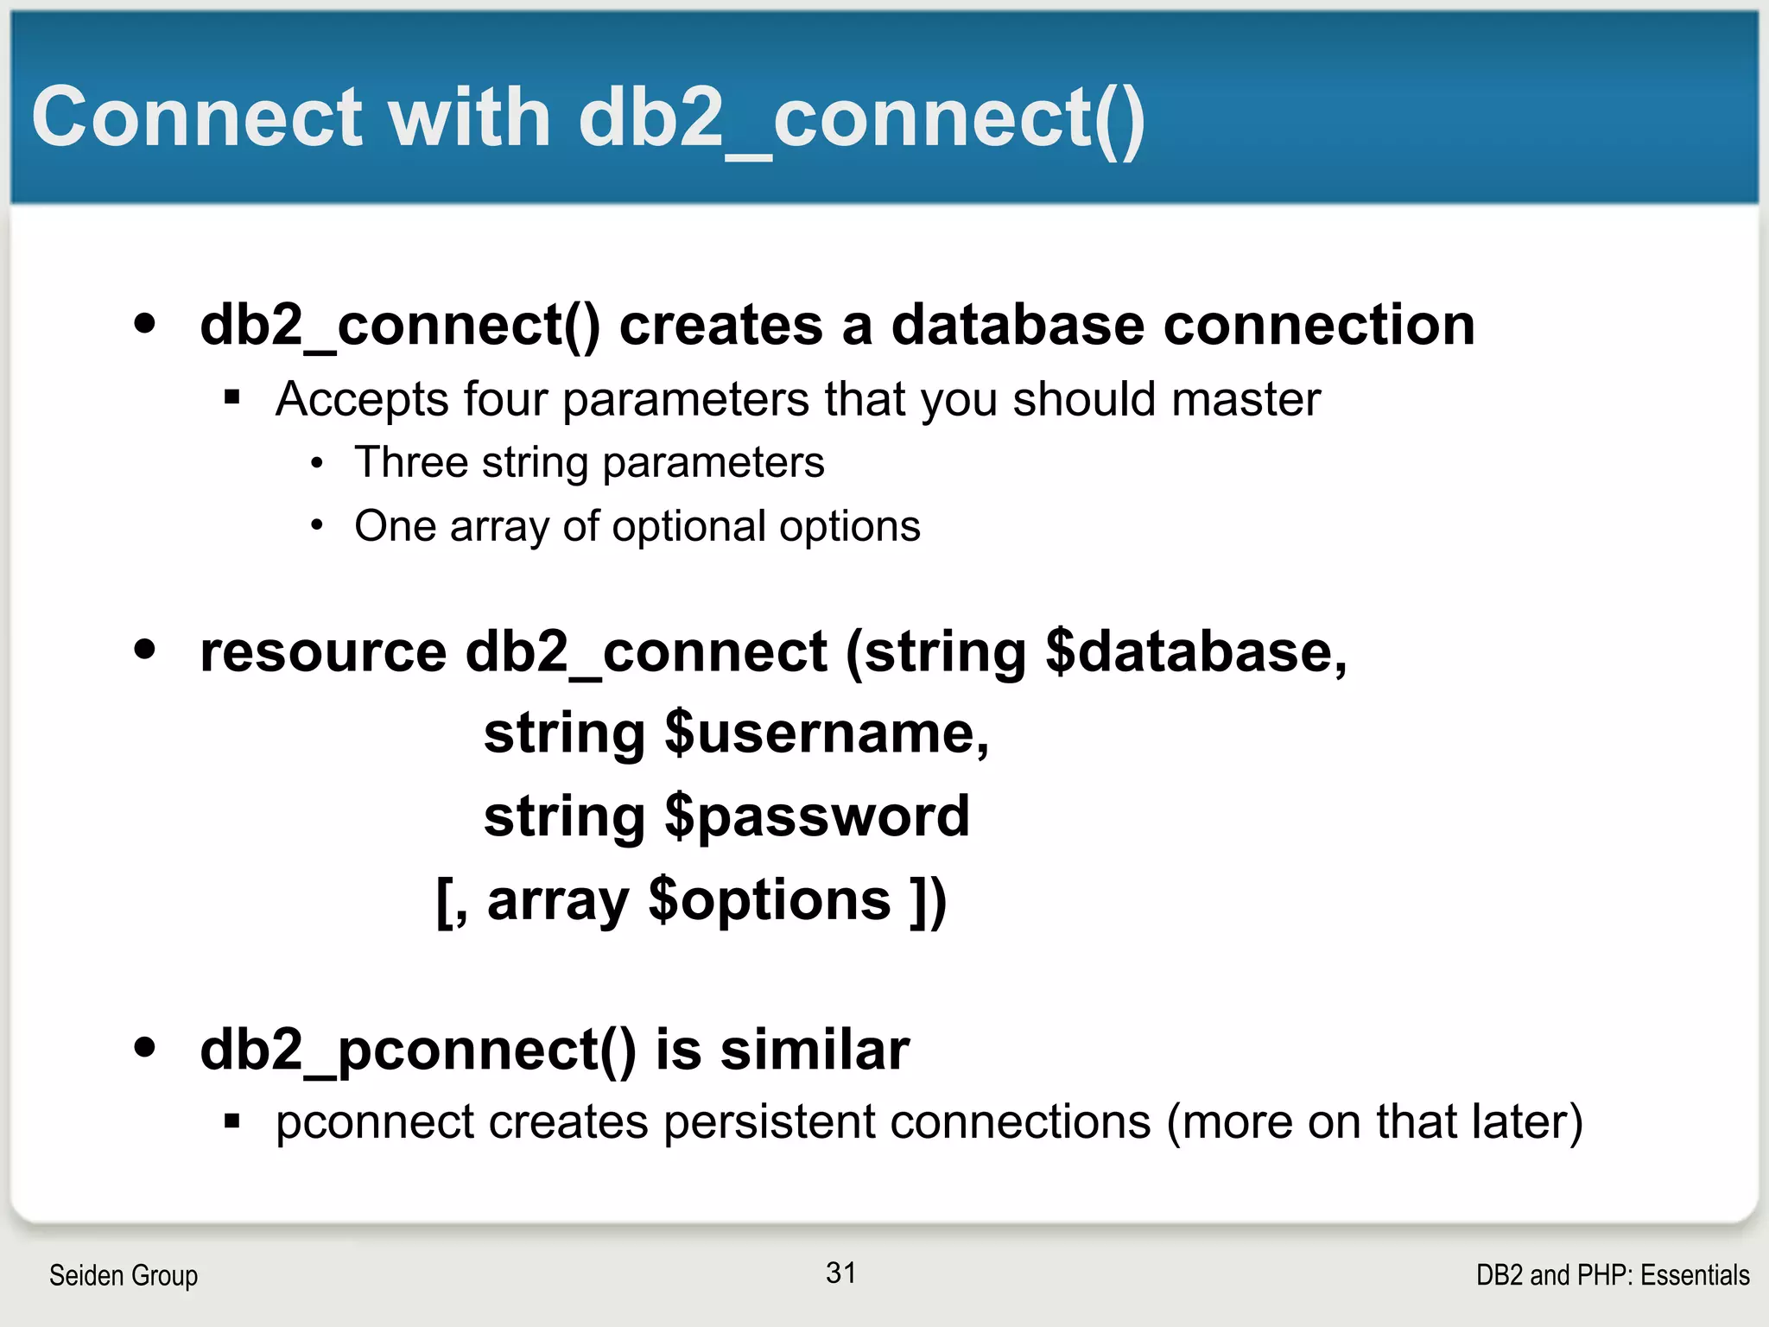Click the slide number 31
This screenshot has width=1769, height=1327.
click(840, 1273)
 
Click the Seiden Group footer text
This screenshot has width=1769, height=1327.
click(124, 1275)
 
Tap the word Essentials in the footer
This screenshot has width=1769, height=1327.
click(1695, 1275)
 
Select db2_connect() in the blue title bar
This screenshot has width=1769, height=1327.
click(861, 119)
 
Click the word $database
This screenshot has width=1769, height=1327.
click(1195, 651)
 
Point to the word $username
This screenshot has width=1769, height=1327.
click(827, 733)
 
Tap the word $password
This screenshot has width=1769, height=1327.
click(817, 816)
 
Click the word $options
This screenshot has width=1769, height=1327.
click(770, 900)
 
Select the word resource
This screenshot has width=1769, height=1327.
click(323, 651)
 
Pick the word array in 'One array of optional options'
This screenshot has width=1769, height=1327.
click(498, 527)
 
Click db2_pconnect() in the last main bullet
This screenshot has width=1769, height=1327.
click(418, 1051)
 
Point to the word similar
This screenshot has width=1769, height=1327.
click(815, 1050)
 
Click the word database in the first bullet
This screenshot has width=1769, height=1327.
click(1018, 326)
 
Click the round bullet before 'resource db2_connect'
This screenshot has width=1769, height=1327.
click(145, 649)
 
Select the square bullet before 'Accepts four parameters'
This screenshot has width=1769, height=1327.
click(231, 397)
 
